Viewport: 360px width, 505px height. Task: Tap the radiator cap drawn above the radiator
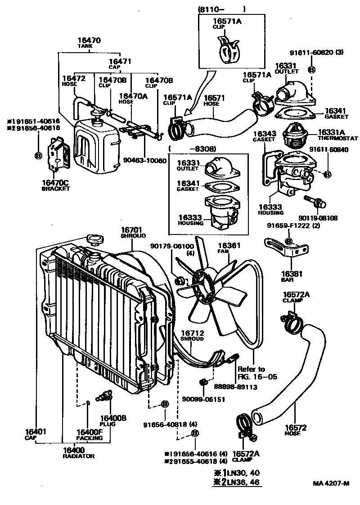coord(94,239)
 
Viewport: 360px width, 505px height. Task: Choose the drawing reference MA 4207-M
coord(331,484)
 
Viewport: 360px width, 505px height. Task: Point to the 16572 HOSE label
coord(296,430)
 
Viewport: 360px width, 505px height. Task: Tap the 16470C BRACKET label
coord(56,185)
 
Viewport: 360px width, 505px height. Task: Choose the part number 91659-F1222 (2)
coord(293,225)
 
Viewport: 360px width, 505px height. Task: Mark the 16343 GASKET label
coord(264,137)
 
